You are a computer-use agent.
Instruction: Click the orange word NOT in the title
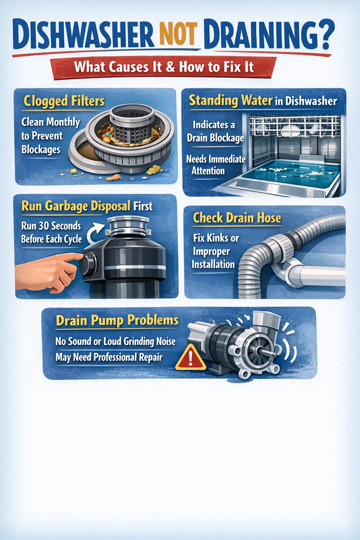(x=178, y=34)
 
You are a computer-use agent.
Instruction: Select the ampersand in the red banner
(x=171, y=66)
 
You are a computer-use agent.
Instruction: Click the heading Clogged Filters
(x=64, y=101)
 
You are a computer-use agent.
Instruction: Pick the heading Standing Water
(x=231, y=101)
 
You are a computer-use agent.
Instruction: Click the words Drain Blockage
(x=215, y=138)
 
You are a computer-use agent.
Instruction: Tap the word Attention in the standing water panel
(x=208, y=171)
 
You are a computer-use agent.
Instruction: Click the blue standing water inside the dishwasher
(x=288, y=172)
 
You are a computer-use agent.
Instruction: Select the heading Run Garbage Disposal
(x=76, y=206)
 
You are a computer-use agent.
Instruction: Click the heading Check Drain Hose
(x=237, y=218)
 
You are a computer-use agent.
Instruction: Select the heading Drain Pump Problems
(x=117, y=321)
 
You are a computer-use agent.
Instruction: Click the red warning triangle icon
(x=191, y=358)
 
